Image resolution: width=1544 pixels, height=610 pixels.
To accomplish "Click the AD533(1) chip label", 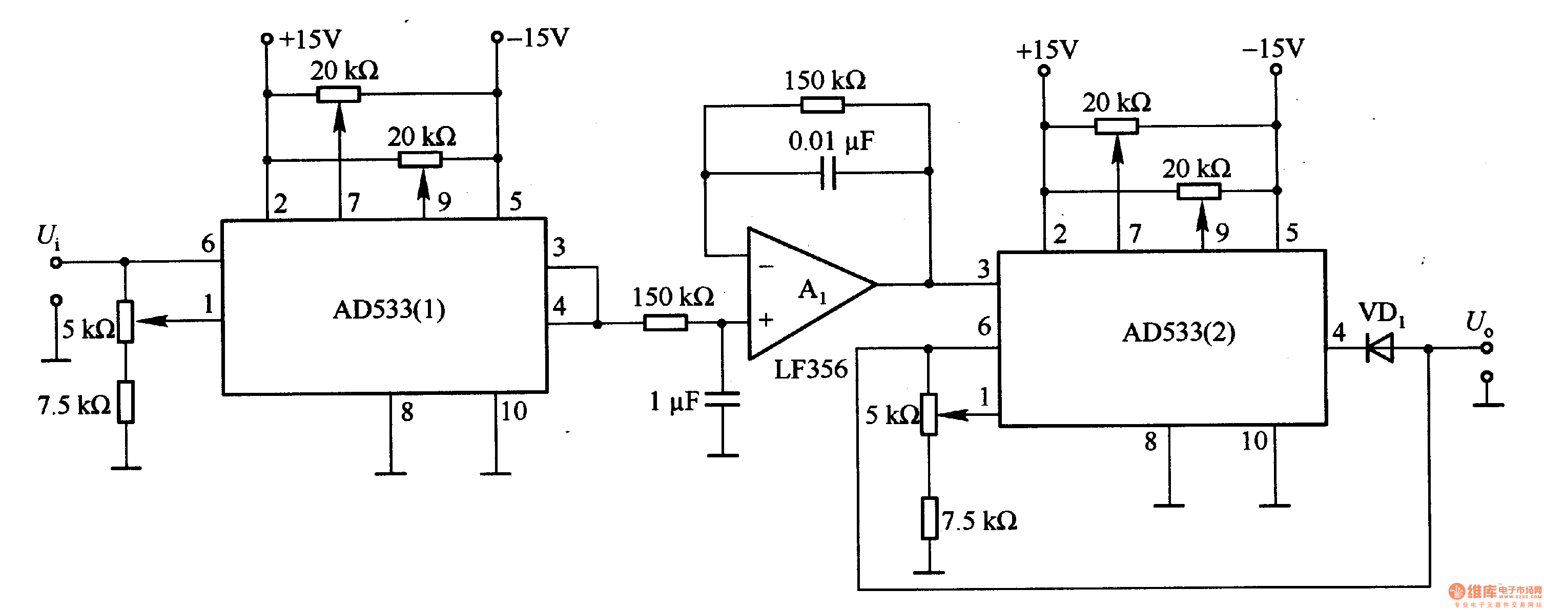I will (388, 310).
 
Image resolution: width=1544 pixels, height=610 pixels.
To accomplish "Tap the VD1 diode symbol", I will (1379, 348).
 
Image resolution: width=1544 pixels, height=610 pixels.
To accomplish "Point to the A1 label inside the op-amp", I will (812, 291).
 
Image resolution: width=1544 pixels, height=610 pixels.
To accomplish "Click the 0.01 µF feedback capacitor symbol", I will (828, 173).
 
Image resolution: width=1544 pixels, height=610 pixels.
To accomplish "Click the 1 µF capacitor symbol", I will (722, 399).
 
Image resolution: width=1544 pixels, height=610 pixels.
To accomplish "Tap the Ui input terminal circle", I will (56, 262).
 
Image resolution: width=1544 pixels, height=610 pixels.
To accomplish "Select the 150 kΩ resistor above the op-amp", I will (822, 106).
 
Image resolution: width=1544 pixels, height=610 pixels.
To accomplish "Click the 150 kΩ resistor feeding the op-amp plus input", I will (665, 324).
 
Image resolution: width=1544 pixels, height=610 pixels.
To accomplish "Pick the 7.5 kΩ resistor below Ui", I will (125, 402).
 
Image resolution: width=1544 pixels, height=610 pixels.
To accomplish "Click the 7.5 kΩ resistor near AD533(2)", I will (929, 518).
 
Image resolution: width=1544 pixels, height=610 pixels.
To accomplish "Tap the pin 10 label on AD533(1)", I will (513, 412).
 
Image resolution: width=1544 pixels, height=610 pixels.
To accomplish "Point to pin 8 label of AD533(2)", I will (1150, 442).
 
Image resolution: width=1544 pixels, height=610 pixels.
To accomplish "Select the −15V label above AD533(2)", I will (1273, 49).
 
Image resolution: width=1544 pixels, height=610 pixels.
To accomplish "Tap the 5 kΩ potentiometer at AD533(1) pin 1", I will (125, 322).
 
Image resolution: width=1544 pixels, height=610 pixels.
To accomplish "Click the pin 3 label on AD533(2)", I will (983, 269).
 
